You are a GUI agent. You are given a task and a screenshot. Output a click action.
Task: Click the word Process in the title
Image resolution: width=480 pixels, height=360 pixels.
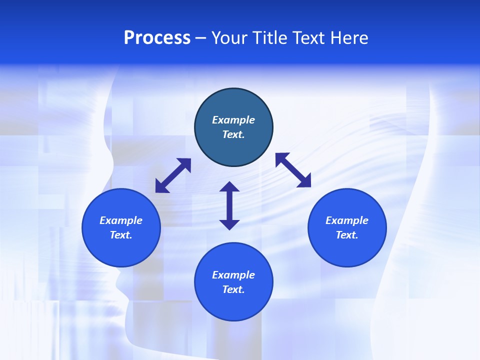point(157,38)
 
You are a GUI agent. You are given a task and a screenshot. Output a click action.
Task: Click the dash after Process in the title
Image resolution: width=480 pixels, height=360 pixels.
point(200,38)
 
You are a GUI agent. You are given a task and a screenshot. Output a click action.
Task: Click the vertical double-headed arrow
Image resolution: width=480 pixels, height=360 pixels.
point(229,205)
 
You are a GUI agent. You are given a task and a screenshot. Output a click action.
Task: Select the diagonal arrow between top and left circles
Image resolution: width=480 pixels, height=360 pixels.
point(173,175)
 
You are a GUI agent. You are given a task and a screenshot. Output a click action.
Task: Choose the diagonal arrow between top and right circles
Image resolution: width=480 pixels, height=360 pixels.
point(293,170)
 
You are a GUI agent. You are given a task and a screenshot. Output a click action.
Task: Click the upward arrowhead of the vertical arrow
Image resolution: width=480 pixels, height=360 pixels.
point(229,187)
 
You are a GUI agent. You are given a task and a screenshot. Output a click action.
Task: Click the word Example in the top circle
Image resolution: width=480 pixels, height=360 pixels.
point(233,120)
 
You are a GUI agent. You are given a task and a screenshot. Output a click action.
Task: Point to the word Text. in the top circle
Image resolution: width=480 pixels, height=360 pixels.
point(233,134)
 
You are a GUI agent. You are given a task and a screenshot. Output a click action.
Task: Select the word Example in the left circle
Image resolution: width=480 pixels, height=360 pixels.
point(121,220)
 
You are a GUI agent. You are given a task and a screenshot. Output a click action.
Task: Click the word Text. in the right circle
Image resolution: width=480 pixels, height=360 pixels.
point(347,235)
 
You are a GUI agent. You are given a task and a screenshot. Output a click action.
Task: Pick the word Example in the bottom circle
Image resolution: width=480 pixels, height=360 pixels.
point(233,275)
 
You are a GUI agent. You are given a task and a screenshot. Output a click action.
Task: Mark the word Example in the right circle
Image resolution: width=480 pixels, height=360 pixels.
point(347,220)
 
